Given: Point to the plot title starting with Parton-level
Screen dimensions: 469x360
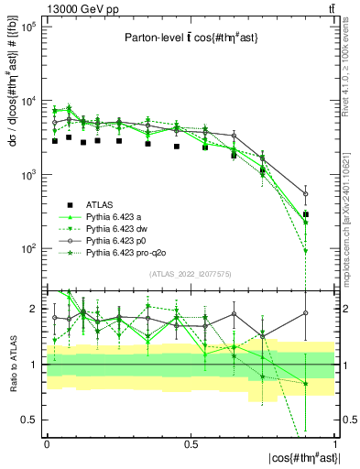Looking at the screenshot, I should pyautogui.click(x=186, y=38).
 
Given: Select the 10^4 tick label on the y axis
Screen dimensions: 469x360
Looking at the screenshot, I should pyautogui.click(x=28, y=102).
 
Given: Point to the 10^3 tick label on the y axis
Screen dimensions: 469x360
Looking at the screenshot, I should pyautogui.click(x=28, y=175).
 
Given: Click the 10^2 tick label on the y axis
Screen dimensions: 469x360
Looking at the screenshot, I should pyautogui.click(x=28, y=248).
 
